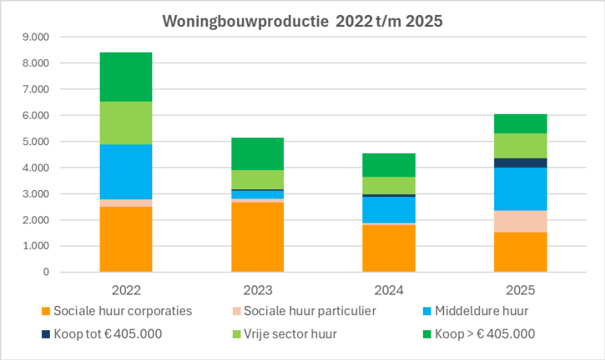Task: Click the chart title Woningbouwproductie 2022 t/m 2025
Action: pos(302,21)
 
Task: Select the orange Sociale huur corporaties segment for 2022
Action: pos(126,239)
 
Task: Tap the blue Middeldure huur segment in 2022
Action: pos(126,171)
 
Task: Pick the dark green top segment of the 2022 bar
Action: pos(126,77)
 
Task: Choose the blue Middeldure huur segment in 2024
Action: pos(389,210)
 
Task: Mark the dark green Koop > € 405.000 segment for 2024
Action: pos(389,164)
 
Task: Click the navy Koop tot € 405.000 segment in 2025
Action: pos(520,163)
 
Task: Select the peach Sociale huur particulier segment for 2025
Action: pos(520,221)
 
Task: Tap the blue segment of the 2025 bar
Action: pos(520,189)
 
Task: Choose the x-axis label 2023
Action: pos(258,290)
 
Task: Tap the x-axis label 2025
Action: pos(520,290)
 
